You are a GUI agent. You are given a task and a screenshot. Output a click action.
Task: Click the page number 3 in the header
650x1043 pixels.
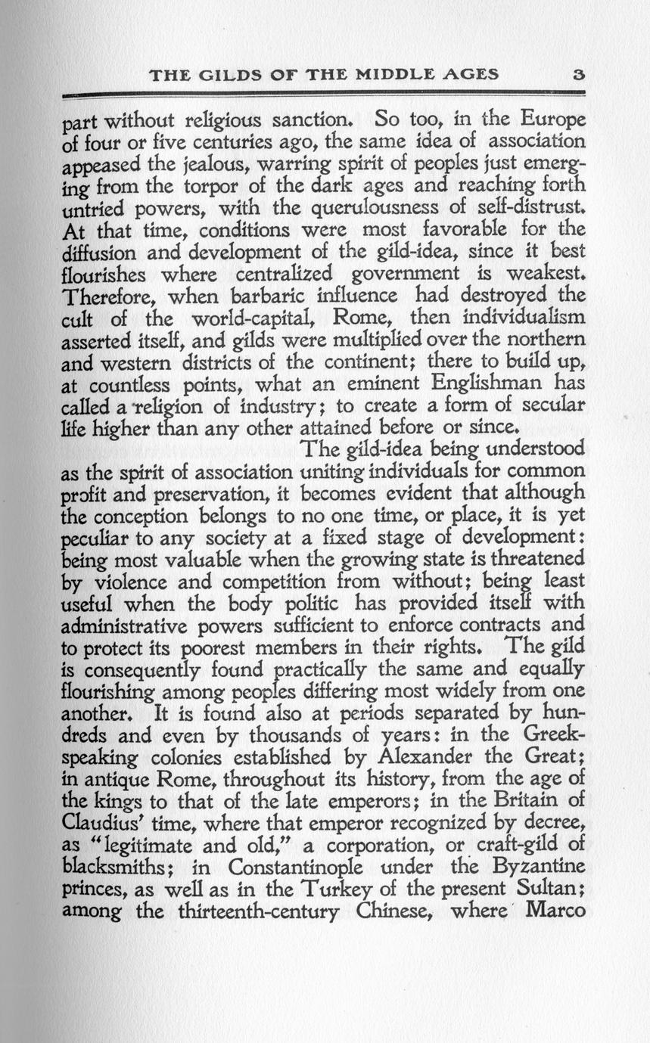(x=579, y=74)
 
